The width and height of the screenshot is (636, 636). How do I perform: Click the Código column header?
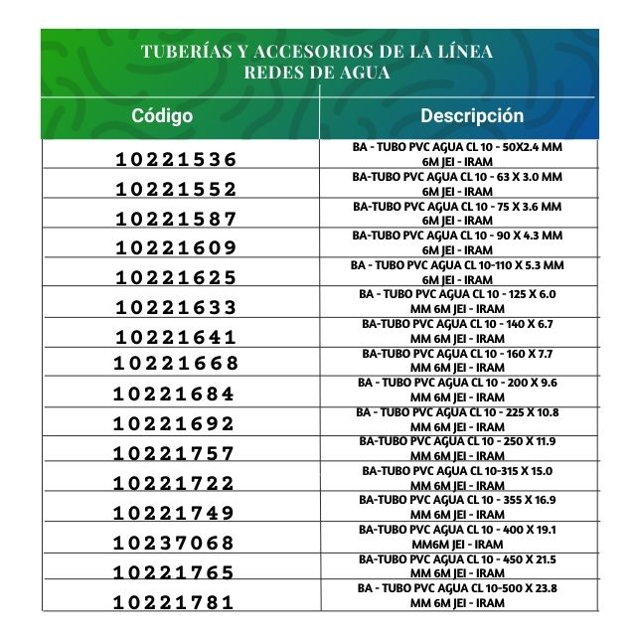[x=162, y=116]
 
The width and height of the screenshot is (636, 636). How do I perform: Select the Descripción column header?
[x=471, y=115]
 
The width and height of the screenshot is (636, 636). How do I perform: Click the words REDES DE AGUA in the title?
[x=317, y=73]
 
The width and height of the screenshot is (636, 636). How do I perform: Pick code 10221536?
[x=177, y=160]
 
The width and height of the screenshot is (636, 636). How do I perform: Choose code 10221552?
[x=177, y=190]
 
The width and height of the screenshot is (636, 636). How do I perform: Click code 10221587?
[x=177, y=220]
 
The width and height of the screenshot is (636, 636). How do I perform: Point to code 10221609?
[x=177, y=248]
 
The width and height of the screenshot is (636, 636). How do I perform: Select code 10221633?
[x=177, y=308]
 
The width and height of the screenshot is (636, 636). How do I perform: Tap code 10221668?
[x=176, y=364]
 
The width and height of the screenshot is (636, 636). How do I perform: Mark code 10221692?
[x=175, y=424]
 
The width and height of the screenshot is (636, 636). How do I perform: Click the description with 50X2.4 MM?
[x=458, y=153]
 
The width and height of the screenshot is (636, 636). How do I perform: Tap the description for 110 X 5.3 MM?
[x=458, y=272]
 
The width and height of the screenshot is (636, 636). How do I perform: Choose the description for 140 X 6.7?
[x=458, y=331]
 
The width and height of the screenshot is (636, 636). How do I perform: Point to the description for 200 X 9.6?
[x=458, y=390]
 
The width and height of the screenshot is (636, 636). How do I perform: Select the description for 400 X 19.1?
[x=458, y=537]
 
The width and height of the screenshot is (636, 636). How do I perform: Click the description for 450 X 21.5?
[x=458, y=566]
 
